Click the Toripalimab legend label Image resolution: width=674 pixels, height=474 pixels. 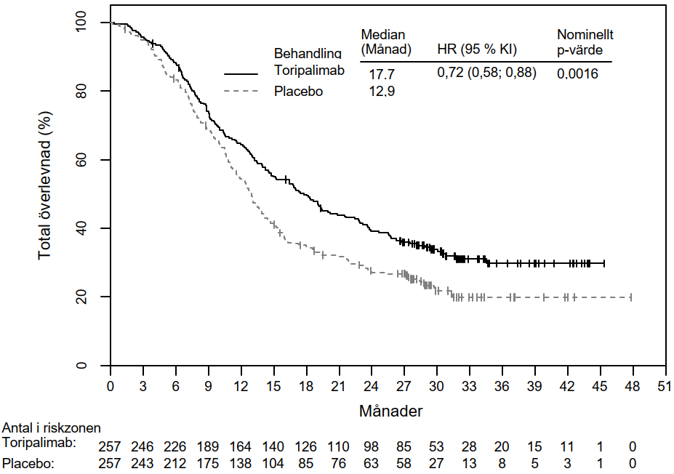308,70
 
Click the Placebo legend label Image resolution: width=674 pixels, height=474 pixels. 298,92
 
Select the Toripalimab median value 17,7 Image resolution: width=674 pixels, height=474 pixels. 381,74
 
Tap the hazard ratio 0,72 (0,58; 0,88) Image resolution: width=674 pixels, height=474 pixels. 486,73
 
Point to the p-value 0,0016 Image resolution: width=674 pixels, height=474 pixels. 577,73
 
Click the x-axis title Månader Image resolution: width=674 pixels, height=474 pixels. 390,411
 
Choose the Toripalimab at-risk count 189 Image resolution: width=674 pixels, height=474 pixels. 209,444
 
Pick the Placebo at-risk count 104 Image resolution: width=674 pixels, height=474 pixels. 273,462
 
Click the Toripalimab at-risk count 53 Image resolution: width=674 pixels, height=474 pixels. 436,444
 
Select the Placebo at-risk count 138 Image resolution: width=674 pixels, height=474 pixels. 241,462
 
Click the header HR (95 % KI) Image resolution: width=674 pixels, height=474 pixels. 476,49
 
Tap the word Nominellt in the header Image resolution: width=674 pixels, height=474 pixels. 585,35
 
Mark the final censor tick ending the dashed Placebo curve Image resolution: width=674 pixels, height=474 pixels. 631,297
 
